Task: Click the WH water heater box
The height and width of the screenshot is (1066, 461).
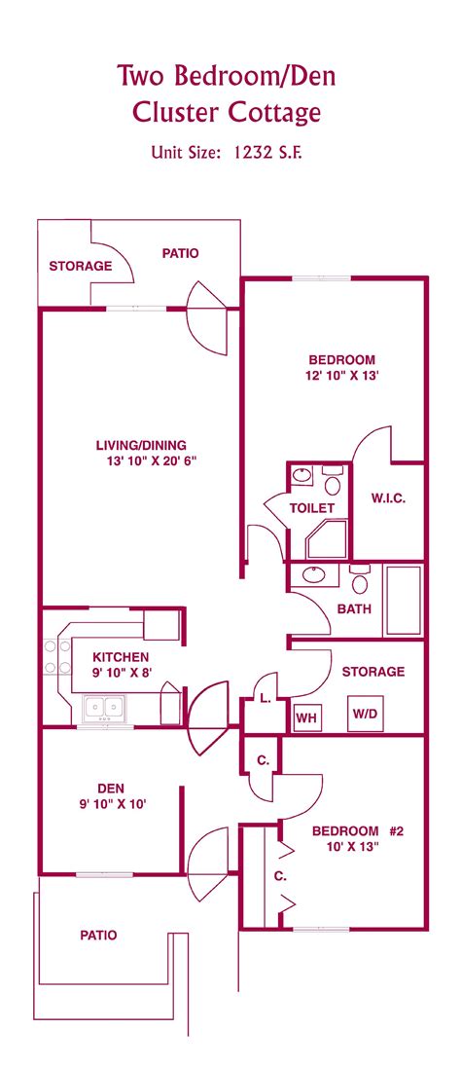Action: pos(306,718)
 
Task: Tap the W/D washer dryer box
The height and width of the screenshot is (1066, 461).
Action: pos(365,715)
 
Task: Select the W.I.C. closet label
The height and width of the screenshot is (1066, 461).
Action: pos(388,498)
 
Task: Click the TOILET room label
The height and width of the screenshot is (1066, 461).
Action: pos(312,508)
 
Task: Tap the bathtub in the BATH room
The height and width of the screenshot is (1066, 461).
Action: pos(403,600)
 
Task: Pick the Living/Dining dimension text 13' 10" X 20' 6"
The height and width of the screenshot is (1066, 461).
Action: pos(140,461)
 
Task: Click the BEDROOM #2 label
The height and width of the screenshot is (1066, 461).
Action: pos(358,830)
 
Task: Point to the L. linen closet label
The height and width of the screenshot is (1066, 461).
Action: pos(265,698)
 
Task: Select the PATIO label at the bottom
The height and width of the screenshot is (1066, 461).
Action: pos(97,935)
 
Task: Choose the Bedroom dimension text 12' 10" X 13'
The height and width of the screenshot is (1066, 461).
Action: pos(341,374)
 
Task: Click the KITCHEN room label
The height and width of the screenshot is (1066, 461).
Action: pos(121,657)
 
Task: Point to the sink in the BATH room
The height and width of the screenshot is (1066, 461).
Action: pos(315,575)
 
